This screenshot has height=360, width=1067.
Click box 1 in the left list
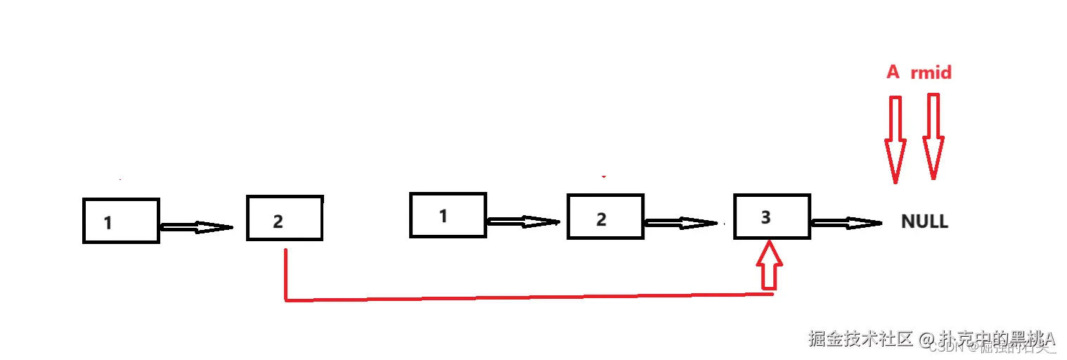pos(121,221)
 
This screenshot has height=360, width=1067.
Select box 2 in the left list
pos(285,218)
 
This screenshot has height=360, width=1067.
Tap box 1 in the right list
pos(448,214)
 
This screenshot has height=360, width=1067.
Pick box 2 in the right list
pos(605,217)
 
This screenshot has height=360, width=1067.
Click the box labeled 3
pos(771,217)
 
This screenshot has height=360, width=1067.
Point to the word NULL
pos(924,222)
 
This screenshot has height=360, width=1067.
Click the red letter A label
pos(893,72)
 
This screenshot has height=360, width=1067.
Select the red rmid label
pos(931,72)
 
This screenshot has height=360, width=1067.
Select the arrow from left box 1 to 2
pos(196,226)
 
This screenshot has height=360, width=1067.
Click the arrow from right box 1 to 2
pos(523,221)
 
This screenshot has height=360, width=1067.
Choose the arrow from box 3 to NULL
pos(846,223)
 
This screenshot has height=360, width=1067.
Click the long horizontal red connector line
pos(527,297)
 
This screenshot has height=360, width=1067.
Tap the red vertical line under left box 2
pos(285,274)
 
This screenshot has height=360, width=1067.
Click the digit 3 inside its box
pos(766,217)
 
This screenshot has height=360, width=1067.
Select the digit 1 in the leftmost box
pos(108,223)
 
